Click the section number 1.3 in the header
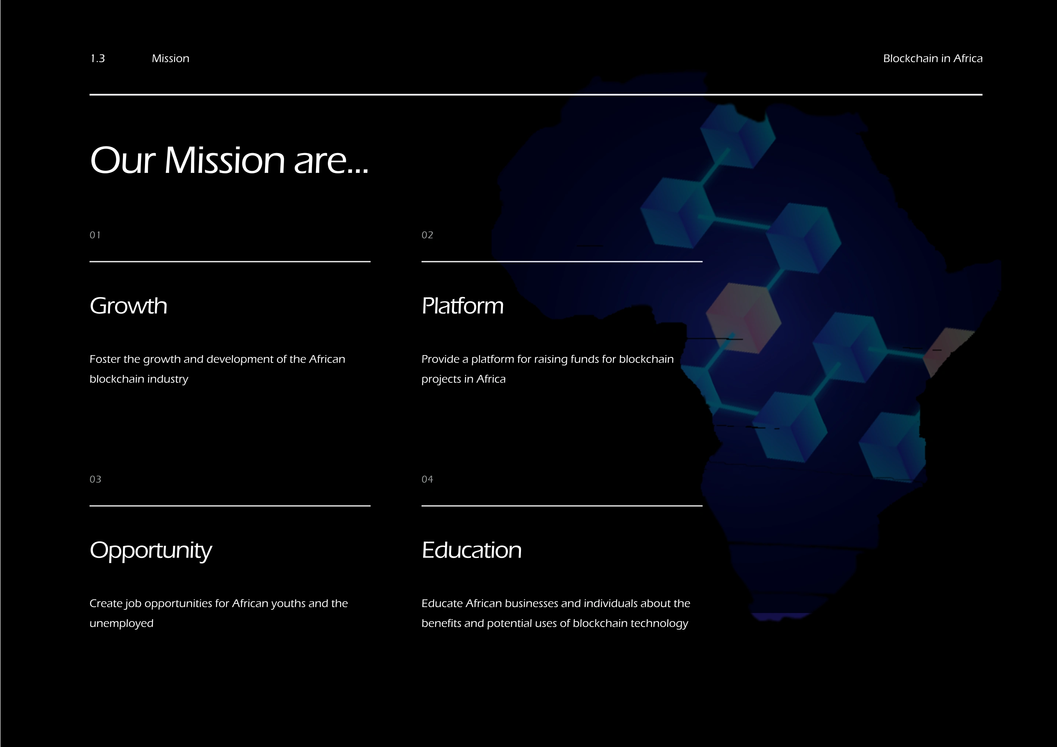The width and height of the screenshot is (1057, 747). click(97, 59)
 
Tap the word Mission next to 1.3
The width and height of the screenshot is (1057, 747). click(170, 59)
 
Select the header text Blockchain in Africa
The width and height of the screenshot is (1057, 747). click(933, 59)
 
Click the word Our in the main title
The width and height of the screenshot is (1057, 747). click(123, 160)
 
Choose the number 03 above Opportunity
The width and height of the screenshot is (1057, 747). click(95, 479)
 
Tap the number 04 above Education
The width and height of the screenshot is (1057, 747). click(427, 479)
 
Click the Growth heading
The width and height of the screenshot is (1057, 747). click(128, 306)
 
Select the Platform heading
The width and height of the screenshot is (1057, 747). click(463, 306)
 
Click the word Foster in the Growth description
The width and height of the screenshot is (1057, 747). click(105, 359)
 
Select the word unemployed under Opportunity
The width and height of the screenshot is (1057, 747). click(121, 624)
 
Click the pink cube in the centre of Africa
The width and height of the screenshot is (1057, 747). click(744, 318)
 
